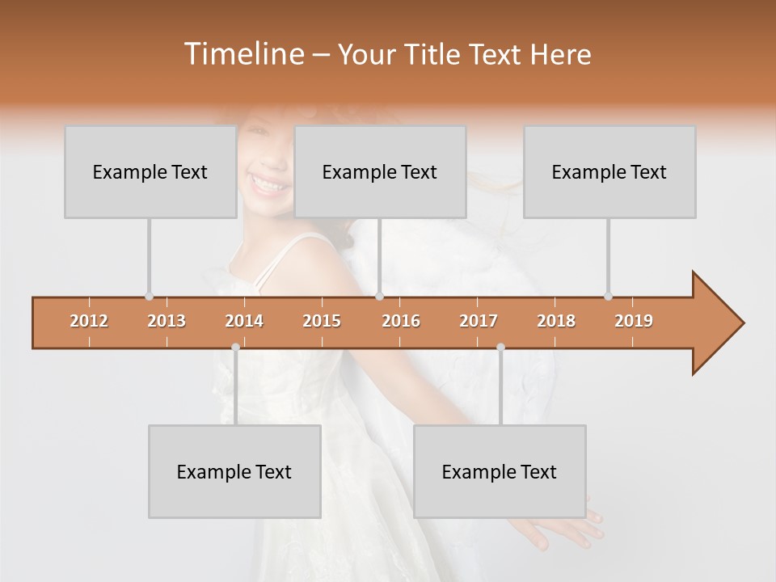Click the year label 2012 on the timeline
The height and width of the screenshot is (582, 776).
point(89,321)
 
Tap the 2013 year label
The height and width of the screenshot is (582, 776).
point(167,321)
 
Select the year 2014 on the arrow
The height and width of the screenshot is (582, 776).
point(244,321)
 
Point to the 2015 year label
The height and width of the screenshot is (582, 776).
point(322,321)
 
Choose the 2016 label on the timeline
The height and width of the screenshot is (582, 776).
point(401,321)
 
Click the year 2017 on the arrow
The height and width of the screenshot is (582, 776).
point(479,321)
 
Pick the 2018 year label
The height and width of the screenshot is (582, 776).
point(556,321)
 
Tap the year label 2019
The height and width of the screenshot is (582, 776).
point(634,321)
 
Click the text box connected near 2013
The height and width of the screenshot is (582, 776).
point(150,171)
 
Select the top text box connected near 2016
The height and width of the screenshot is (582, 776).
point(379,171)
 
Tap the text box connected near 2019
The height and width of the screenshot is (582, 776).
point(609,171)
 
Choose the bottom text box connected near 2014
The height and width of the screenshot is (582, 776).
point(234,471)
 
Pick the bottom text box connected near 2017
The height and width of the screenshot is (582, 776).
point(499,471)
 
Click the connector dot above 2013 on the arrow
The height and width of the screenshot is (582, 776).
point(149,296)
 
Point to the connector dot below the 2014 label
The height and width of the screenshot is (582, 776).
point(235,348)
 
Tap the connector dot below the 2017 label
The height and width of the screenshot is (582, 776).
point(500,348)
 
